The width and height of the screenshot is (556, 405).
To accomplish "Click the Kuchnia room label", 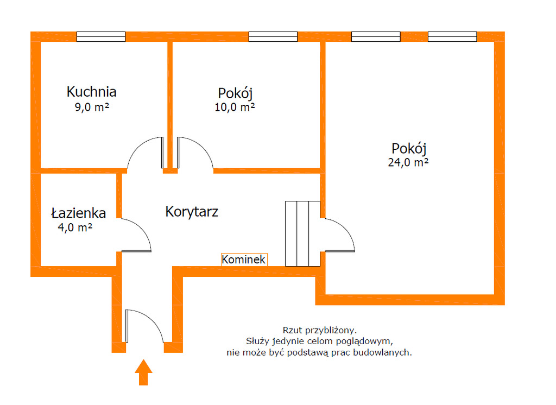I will pyautogui.click(x=92, y=91).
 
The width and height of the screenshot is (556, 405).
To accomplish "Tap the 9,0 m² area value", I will pyautogui.click(x=92, y=107).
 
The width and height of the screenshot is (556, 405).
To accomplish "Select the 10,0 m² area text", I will pyautogui.click(x=235, y=107).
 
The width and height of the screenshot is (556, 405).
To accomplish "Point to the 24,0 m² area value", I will pyautogui.click(x=408, y=162).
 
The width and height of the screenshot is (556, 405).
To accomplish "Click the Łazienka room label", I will pyautogui.click(x=79, y=213).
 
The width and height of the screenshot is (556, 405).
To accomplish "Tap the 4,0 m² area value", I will pyautogui.click(x=75, y=228).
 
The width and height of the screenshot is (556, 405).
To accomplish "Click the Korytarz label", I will pyautogui.click(x=192, y=211).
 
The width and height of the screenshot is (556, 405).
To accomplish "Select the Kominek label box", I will pyautogui.click(x=244, y=260).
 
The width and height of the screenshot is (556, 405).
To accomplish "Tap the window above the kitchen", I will pyautogui.click(x=101, y=37).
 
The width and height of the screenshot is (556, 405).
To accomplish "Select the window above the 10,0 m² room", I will pyautogui.click(x=273, y=37).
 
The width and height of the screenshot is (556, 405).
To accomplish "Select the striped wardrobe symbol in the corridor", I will pyautogui.click(x=302, y=233).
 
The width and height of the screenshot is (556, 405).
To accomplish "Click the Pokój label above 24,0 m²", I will pyautogui.click(x=409, y=148).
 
